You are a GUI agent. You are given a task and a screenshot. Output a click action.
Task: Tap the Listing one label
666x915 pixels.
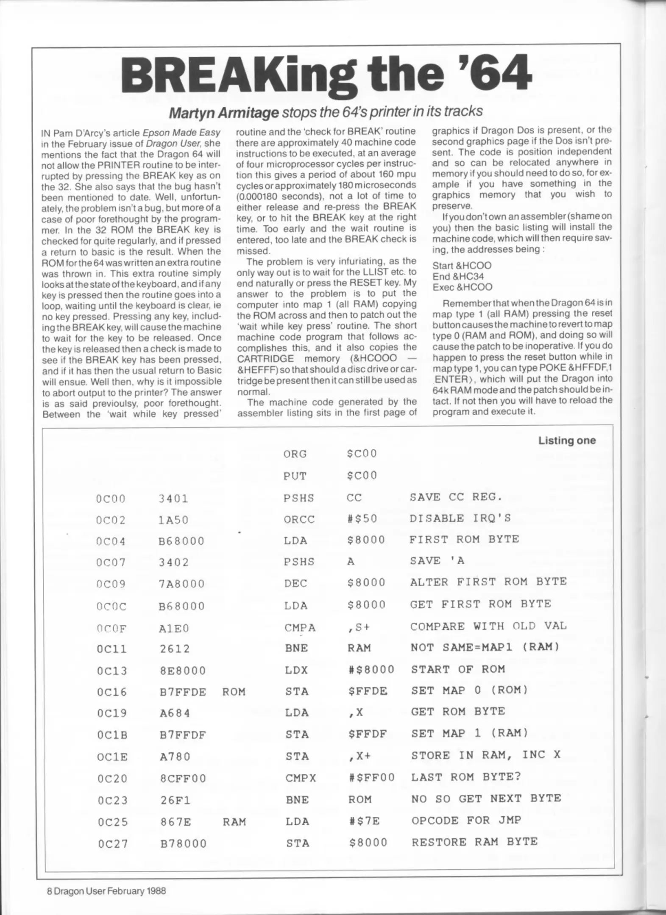click(566, 441)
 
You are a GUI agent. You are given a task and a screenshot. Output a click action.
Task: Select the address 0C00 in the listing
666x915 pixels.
click(111, 499)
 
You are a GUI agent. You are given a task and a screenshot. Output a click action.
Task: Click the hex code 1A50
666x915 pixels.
click(174, 520)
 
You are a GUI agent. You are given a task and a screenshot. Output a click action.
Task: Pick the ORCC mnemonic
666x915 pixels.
click(299, 519)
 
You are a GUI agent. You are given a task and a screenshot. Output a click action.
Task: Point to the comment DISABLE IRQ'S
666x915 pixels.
click(460, 518)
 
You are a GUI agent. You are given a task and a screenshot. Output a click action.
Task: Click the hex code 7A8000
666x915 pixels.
click(182, 584)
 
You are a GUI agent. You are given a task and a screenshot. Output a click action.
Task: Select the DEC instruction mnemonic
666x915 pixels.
click(295, 584)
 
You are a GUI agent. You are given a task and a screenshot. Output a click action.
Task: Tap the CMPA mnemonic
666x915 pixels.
click(300, 627)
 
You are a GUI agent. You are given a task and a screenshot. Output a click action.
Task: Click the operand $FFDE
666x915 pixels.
click(368, 691)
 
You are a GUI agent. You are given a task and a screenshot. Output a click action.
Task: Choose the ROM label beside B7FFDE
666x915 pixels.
click(234, 692)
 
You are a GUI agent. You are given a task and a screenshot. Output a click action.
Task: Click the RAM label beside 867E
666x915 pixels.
click(234, 822)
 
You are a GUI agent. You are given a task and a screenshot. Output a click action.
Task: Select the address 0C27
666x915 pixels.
click(112, 844)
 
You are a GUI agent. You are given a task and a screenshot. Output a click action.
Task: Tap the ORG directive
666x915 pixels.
click(295, 454)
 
